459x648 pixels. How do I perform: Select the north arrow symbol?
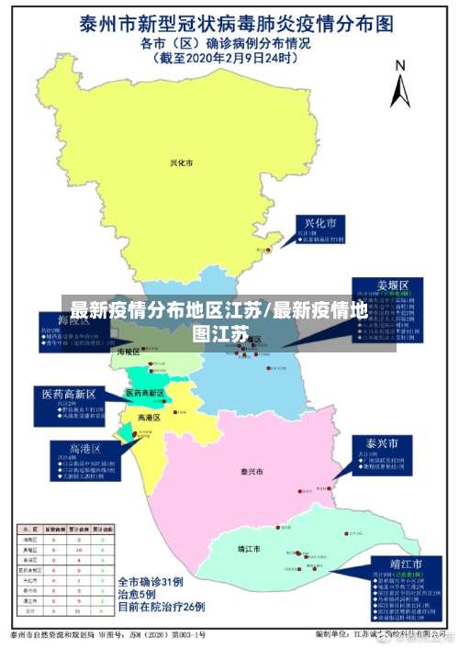tap(399, 89)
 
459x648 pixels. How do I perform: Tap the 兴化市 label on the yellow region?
tap(182, 163)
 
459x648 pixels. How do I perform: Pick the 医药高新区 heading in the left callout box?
tap(73, 393)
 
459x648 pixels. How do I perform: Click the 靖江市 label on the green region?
tap(248, 549)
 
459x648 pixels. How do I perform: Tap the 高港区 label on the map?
tap(149, 418)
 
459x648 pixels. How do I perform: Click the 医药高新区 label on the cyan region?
tap(144, 393)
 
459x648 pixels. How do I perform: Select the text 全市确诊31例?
tap(151, 582)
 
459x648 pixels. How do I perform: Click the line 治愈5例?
tap(137, 595)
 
